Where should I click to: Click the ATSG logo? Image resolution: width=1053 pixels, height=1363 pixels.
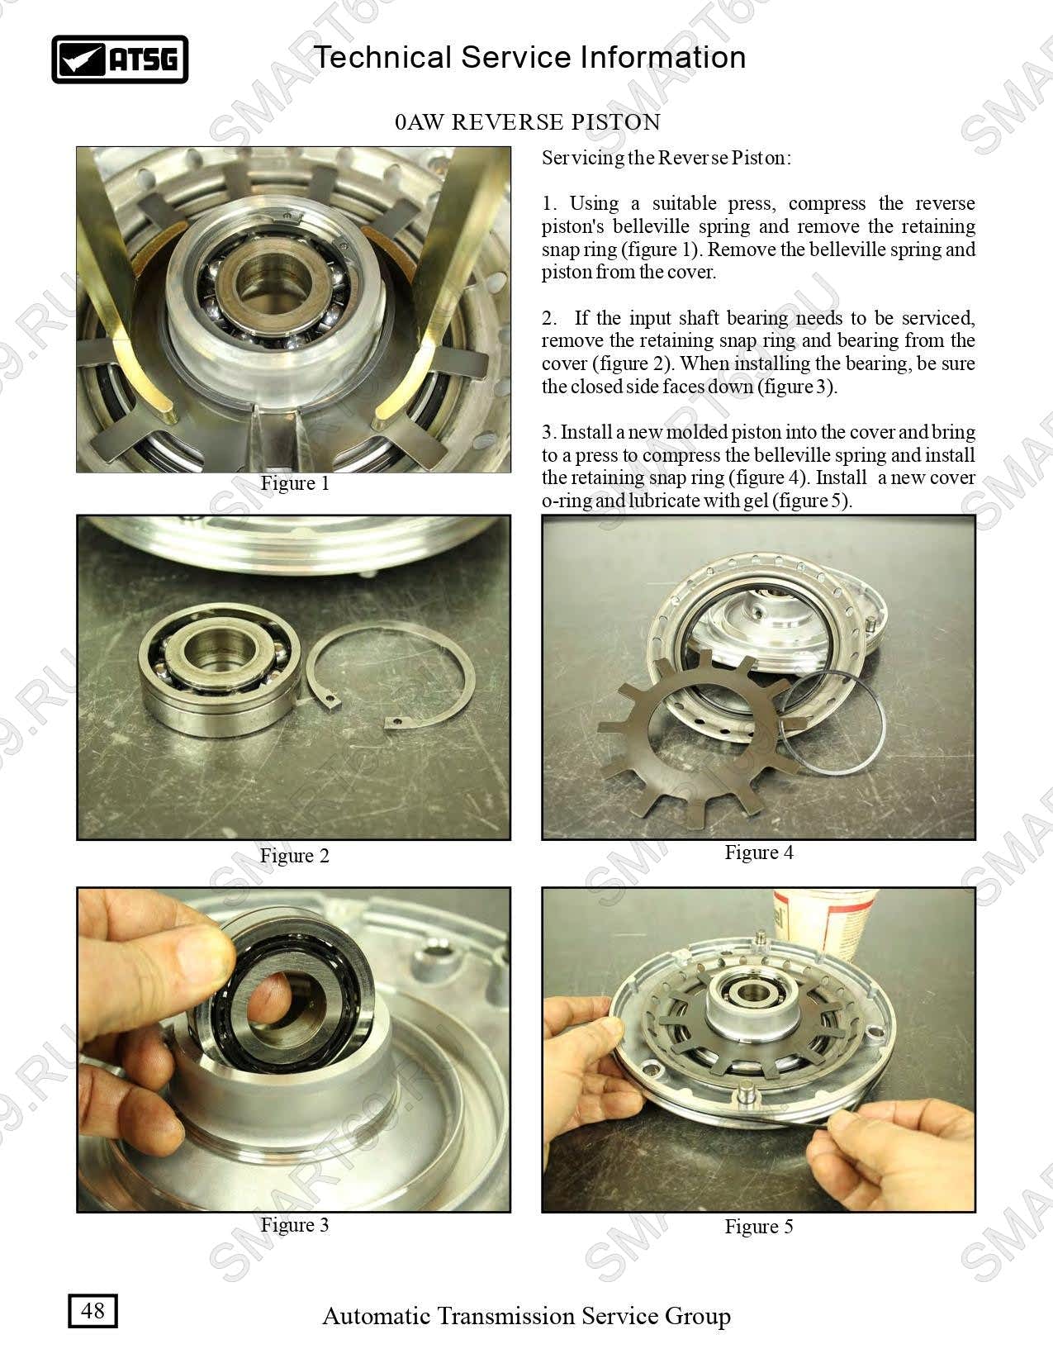tap(120, 59)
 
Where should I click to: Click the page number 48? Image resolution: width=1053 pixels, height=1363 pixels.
tap(92, 1310)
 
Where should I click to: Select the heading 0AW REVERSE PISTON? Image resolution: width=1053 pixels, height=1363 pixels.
tap(528, 121)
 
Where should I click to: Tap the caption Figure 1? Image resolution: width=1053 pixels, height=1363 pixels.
tap(295, 483)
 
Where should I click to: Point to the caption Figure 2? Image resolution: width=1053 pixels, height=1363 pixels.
tap(295, 856)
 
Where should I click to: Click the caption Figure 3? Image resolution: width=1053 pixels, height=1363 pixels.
tap(295, 1224)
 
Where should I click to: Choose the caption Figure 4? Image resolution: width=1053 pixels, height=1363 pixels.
tap(759, 852)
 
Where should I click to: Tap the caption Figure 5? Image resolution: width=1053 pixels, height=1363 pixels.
tap(759, 1226)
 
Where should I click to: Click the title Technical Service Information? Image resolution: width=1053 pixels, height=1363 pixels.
tap(530, 57)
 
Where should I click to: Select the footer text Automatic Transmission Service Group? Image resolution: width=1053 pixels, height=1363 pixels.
tap(527, 1315)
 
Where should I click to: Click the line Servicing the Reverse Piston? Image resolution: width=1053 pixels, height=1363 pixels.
tap(666, 158)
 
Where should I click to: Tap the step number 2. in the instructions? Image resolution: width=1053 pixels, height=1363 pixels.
tap(549, 318)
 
